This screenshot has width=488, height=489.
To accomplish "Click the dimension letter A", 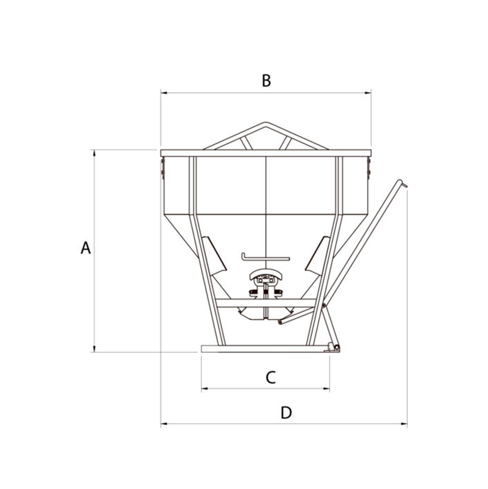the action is click(x=86, y=248).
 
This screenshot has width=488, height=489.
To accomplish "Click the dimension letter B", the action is click(x=266, y=81).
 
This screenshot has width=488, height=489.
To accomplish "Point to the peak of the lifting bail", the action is click(x=265, y=123).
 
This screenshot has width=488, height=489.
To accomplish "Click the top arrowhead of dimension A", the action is click(x=94, y=153).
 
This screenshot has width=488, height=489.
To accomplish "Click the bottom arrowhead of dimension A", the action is click(x=94, y=349).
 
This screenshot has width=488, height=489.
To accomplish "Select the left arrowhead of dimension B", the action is click(x=164, y=93).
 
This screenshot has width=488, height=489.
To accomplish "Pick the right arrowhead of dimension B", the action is click(x=368, y=93).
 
